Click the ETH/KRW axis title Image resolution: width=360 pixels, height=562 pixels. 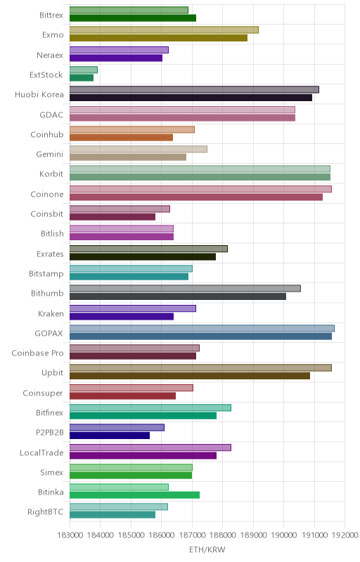coord(207,549)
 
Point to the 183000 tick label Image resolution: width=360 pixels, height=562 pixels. coord(70,535)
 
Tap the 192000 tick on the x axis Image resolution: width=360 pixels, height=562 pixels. coord(345,535)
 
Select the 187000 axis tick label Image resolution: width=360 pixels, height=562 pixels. coord(192,535)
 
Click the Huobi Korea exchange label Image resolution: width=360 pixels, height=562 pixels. coord(39,95)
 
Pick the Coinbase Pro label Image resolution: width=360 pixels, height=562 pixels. coord(37,353)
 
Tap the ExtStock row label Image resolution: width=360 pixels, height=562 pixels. coord(46,75)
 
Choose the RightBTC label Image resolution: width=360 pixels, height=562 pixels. coord(45,512)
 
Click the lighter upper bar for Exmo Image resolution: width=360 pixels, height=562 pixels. coord(164,30)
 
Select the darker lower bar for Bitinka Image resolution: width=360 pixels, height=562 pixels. coord(134,495)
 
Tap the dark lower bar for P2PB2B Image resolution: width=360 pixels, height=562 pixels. coord(110,436)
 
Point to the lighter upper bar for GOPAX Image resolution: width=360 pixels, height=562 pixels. coord(202,328)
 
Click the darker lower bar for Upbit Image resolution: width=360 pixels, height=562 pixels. coord(190,376)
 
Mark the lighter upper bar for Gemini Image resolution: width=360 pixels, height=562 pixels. coord(139,149)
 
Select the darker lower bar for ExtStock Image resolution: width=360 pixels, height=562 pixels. coord(82,78)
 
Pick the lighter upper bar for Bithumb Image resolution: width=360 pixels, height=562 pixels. coord(185,289)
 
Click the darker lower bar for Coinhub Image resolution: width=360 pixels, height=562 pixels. coord(121,137)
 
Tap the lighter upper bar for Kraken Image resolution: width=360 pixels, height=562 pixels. coord(133,308)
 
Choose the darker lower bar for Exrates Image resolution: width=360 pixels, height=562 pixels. coord(143,256)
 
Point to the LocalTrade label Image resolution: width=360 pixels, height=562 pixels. coord(41,452)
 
